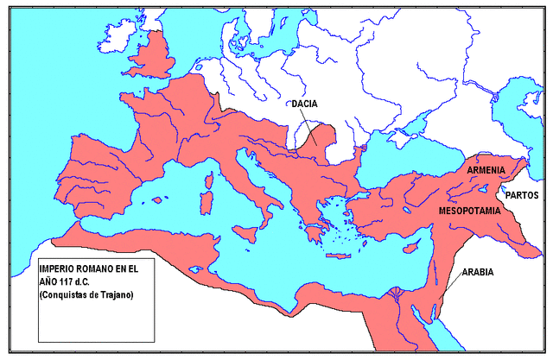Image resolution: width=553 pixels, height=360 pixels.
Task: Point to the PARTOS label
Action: tap(523, 196)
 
